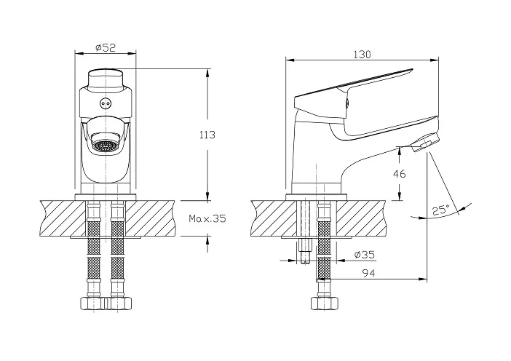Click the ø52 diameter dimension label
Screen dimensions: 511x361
pyautogui.click(x=106, y=48)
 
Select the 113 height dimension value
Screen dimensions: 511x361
pyautogui.click(x=207, y=135)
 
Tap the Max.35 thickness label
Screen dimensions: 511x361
pyautogui.click(x=207, y=218)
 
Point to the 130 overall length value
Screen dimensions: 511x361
pyautogui.click(x=362, y=55)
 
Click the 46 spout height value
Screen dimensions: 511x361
pyautogui.click(x=399, y=174)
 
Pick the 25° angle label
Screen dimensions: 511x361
pyautogui.click(x=441, y=210)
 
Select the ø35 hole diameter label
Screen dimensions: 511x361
pyautogui.click(x=365, y=254)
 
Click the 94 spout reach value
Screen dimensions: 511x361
pyautogui.click(x=368, y=274)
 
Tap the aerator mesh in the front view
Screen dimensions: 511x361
pyautogui.click(x=104, y=145)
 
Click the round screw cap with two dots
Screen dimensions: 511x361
pyautogui.click(x=106, y=103)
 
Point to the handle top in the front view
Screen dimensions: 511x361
pyautogui.click(x=106, y=79)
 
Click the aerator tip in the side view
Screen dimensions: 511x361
pyautogui.click(x=425, y=143)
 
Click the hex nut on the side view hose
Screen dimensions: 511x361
pyautogui.click(x=324, y=304)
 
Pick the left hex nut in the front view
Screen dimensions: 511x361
pyautogui.click(x=93, y=304)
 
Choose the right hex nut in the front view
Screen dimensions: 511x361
pyautogui.click(x=119, y=304)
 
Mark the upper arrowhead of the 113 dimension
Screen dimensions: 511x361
pyautogui.click(x=207, y=73)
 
